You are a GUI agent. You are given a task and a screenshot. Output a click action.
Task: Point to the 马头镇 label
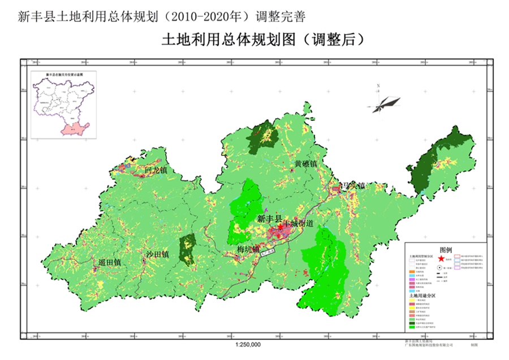tap(352, 185)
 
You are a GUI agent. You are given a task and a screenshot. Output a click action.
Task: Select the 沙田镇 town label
tap(157, 254)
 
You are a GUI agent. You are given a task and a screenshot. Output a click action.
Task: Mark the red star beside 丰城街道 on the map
tap(281, 225)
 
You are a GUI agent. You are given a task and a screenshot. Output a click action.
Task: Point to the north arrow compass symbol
tap(382, 102)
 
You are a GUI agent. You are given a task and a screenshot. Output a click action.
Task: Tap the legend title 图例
tap(446, 249)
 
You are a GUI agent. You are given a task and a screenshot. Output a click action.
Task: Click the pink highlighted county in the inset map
tap(74, 127)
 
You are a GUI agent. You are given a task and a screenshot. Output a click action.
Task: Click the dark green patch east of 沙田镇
tap(187, 249)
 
